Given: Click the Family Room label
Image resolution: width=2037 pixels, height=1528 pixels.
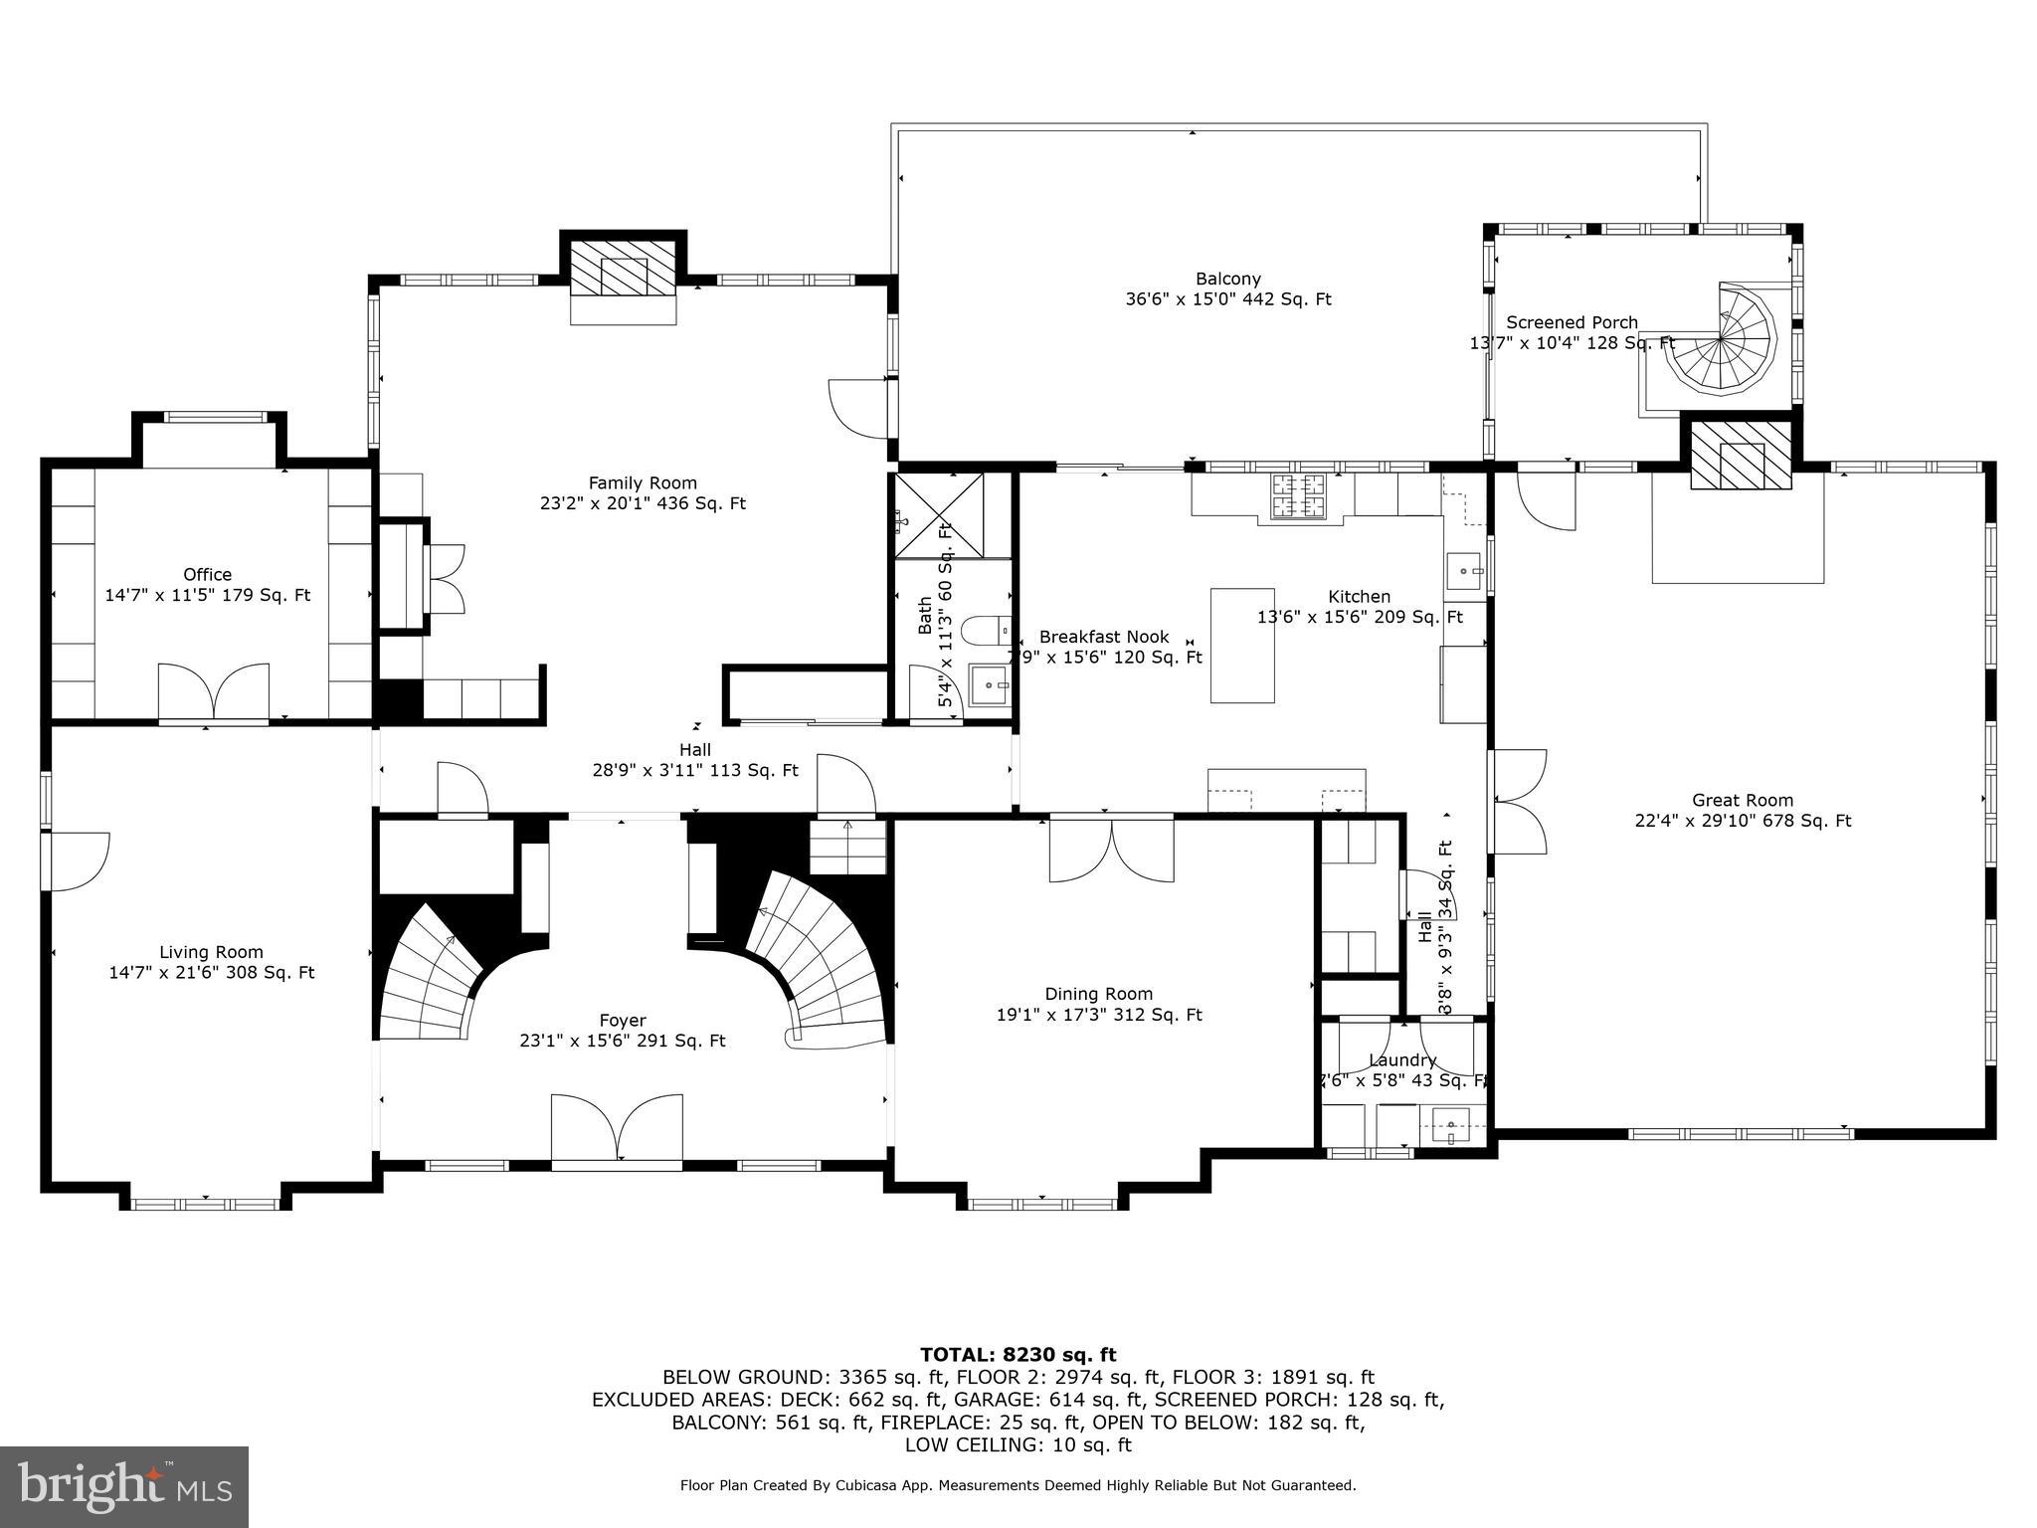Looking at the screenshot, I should coord(642,483).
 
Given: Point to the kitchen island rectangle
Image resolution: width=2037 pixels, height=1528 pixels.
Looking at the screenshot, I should coord(1242,646).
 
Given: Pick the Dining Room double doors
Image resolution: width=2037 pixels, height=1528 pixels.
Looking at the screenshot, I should coord(1111,849).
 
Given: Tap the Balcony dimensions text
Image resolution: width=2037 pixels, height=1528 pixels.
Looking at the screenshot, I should coord(1228,299).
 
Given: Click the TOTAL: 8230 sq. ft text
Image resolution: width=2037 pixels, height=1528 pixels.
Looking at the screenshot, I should coord(1018,1355).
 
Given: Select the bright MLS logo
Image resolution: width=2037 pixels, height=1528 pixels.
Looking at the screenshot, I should coord(124,1486).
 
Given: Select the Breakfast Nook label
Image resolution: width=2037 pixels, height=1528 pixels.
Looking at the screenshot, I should coord(1104,637).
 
